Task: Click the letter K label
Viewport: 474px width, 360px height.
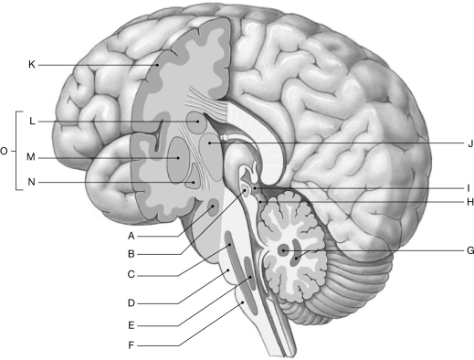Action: (31, 65)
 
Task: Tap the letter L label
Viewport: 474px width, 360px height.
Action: (31, 121)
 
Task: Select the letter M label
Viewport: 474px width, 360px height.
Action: (30, 156)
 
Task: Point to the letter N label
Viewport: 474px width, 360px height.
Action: (31, 181)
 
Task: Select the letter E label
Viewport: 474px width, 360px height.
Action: (131, 324)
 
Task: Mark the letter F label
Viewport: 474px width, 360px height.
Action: (131, 344)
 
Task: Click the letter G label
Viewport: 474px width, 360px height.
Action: (469, 249)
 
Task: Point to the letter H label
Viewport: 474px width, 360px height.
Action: (469, 201)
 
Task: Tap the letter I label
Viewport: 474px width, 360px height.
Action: (469, 188)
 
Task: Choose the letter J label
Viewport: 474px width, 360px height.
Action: (469, 143)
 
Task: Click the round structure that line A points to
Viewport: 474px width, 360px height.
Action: (213, 207)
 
